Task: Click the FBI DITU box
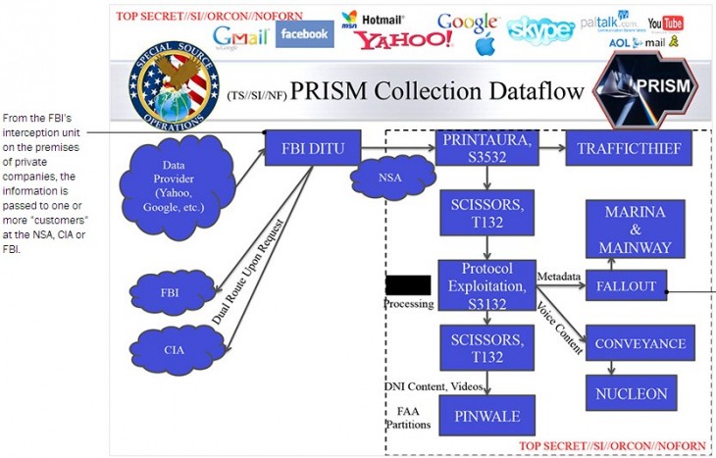[x=313, y=148]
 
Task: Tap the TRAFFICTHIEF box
[x=629, y=148]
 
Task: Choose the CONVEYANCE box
[x=639, y=343]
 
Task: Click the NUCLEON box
[x=632, y=393]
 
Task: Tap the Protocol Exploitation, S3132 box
[x=486, y=284]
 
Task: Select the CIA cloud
[x=174, y=348]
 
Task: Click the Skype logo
[x=540, y=30]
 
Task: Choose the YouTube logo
[x=665, y=23]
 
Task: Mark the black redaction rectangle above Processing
[x=408, y=284]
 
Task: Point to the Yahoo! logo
[x=403, y=39]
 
